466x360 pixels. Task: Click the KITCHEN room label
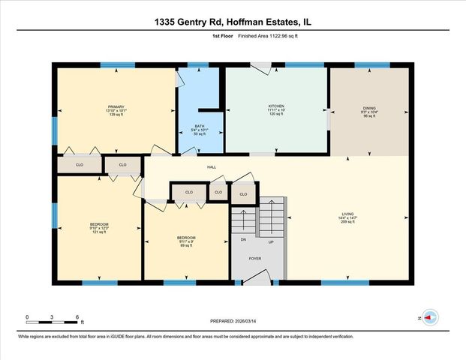click(276, 106)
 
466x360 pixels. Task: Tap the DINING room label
click(369, 107)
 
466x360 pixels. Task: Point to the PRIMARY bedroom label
click(116, 106)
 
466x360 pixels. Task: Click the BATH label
click(200, 126)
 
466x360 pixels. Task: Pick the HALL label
click(212, 167)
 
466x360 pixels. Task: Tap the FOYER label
click(256, 257)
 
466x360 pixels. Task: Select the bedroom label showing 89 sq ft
click(186, 238)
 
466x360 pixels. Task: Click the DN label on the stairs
click(244, 240)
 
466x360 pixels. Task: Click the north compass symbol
click(429, 318)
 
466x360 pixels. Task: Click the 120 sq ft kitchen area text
click(276, 115)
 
